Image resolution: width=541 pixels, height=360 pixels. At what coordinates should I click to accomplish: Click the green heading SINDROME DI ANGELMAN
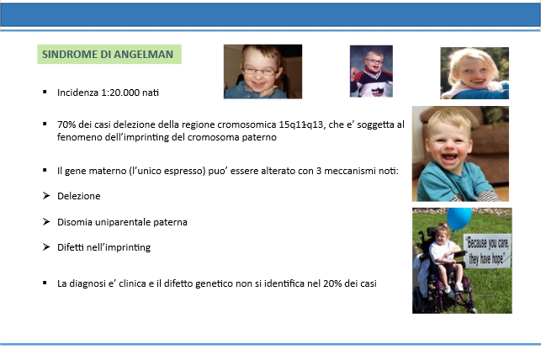click(x=108, y=55)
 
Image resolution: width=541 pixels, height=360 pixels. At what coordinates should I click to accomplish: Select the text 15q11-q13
click(x=302, y=124)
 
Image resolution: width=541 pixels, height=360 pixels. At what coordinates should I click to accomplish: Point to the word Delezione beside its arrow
click(x=78, y=196)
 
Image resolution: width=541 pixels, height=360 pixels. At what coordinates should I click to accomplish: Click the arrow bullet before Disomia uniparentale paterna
click(x=46, y=222)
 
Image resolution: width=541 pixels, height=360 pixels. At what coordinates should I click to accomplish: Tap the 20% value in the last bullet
click(x=332, y=283)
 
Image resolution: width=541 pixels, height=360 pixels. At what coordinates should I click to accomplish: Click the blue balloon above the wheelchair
click(x=459, y=218)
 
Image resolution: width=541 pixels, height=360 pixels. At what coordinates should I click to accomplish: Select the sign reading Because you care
click(x=487, y=251)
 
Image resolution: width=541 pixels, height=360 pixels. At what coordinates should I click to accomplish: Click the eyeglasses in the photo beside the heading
click(x=260, y=71)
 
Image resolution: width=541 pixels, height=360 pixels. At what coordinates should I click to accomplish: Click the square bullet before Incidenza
click(x=45, y=92)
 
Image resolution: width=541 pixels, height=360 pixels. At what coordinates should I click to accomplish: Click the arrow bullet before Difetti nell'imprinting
click(x=46, y=247)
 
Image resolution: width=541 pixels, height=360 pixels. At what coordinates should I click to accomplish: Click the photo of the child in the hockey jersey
click(x=371, y=71)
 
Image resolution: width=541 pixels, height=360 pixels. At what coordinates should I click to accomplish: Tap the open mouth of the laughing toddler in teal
click(x=449, y=157)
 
